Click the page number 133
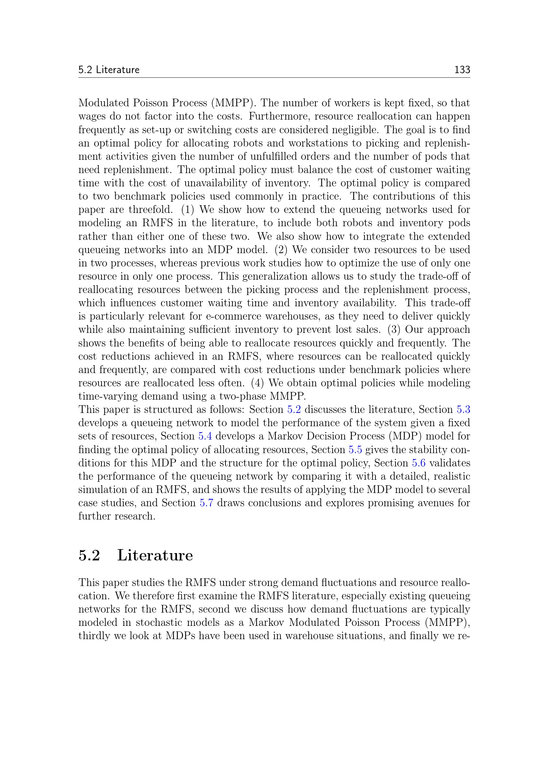pos(462,70)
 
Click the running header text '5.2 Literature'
pos(109,70)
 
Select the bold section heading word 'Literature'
pos(155,555)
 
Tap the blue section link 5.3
pos(463,410)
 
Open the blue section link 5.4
pos(205,436)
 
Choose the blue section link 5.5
pos(355,450)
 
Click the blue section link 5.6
pos(419,463)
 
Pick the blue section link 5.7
pos(206,503)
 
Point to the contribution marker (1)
pos(188,210)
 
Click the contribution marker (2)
pos(280,250)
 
